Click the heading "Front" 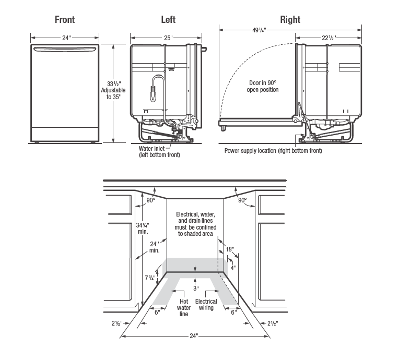(65, 20)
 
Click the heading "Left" (168, 20)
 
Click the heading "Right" (290, 20)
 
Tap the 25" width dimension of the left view (168, 38)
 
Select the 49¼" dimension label (259, 30)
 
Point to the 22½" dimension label (329, 38)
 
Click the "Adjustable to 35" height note (113, 93)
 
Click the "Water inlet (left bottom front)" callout (159, 152)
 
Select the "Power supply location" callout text (273, 151)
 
